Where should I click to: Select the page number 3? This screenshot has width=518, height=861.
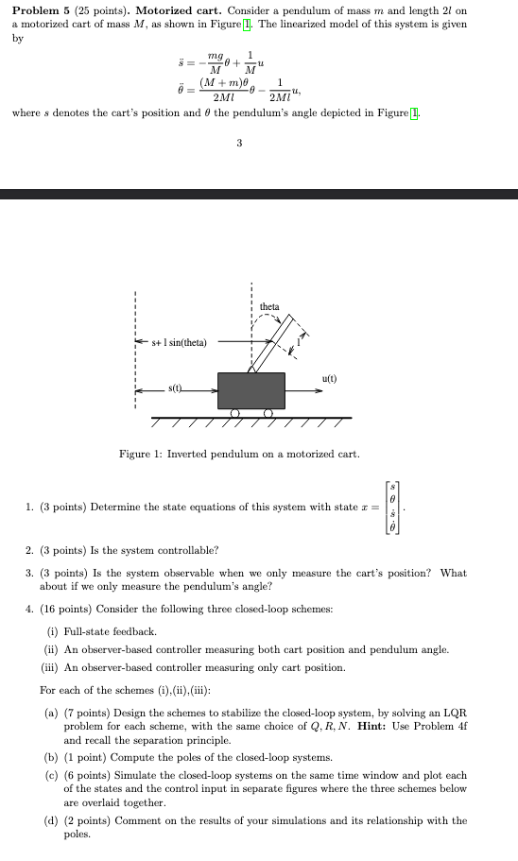click(x=239, y=143)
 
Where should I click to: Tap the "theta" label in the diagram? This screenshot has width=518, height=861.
click(x=269, y=306)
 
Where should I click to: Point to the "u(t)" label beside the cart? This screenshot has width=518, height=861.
click(x=329, y=379)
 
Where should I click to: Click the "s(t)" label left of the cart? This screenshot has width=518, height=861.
click(x=176, y=388)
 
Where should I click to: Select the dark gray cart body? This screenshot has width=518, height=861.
click(x=250, y=389)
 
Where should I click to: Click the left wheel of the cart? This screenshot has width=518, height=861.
click(x=234, y=412)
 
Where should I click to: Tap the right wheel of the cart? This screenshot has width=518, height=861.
click(x=268, y=412)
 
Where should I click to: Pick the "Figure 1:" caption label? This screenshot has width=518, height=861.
click(x=140, y=455)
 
